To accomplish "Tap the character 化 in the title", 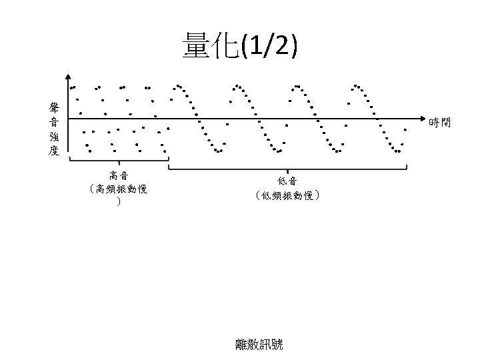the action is (227, 47).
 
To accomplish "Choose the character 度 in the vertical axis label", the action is (54, 151).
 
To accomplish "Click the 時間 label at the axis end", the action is (440, 122).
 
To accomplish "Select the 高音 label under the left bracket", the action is (119, 176).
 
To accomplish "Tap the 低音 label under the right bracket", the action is (287, 180).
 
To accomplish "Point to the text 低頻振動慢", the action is (288, 195).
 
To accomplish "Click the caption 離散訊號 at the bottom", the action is (259, 344).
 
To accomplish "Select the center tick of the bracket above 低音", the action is (287, 167).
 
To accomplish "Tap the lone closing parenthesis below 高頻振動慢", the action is (118, 201).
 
